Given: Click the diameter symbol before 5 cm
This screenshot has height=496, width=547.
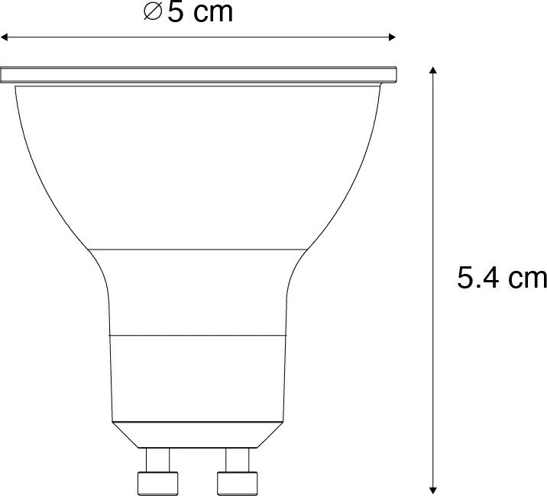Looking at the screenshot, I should tap(153, 13).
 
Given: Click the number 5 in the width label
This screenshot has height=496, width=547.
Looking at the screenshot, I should tap(175, 13).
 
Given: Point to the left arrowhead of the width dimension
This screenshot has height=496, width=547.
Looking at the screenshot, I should tap(5, 36).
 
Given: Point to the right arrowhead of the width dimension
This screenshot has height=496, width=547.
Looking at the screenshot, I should tap(392, 36).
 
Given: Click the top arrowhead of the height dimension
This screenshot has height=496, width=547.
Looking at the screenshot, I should tap(433, 71).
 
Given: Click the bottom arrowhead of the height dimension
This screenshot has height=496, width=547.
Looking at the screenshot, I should tap(433, 486).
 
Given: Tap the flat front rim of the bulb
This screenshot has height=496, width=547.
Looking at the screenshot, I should tap(199, 74).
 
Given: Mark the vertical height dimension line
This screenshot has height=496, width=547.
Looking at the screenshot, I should tap(433, 191).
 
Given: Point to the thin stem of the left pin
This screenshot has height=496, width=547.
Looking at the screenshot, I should tap(157, 459).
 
